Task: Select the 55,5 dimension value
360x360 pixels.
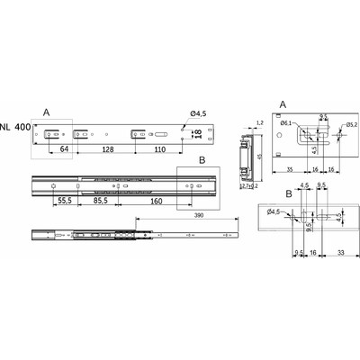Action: tap(64, 201)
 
